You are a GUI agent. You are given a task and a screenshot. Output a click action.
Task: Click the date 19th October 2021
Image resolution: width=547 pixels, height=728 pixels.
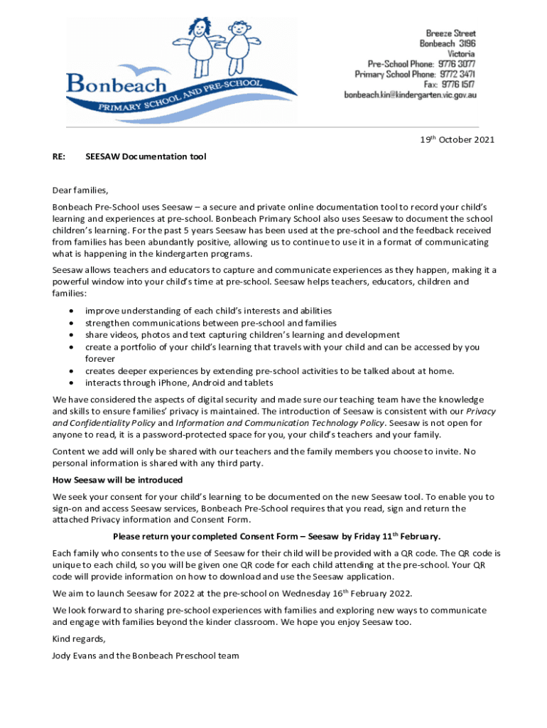457,140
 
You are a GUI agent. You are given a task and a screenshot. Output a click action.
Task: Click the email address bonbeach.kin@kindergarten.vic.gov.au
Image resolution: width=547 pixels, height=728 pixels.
410,95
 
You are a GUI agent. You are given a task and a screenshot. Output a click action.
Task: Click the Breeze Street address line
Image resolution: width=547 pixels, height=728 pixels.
450,33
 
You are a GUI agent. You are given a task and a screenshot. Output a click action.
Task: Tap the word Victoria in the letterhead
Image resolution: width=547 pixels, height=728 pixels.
461,53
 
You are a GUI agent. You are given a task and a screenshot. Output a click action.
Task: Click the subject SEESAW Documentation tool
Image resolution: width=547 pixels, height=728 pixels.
146,156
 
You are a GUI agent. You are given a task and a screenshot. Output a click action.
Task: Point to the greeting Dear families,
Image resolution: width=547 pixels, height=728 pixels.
80,190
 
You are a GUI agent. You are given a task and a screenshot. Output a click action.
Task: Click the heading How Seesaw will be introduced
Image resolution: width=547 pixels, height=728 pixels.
117,480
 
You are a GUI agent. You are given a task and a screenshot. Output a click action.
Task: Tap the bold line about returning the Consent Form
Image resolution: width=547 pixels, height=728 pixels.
277,535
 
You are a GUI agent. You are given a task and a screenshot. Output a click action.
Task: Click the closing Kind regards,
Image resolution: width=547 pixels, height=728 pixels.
78,638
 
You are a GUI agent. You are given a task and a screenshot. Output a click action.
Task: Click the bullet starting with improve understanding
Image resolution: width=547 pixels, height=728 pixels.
208,311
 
